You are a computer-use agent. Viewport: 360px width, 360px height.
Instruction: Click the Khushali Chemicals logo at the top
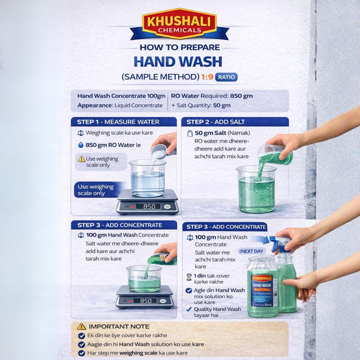pyautogui.click(x=179, y=24)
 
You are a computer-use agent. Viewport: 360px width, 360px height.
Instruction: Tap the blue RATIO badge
pyautogui.click(x=227, y=77)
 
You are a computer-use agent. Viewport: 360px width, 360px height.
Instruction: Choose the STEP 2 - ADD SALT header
pyautogui.click(x=234, y=122)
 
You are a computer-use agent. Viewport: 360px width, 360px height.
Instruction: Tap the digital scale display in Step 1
pyautogui.click(x=147, y=206)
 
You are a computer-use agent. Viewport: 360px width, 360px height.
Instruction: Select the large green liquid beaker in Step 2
pyautogui.click(x=256, y=189)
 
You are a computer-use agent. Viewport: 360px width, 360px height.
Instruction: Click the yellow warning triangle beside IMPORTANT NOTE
pyautogui.click(x=82, y=326)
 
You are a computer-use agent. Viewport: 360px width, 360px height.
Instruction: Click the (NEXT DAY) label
pyautogui.click(x=251, y=251)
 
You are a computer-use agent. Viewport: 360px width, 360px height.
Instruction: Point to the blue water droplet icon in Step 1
pyautogui.click(x=80, y=145)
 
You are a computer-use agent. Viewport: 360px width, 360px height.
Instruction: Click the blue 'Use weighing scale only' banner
pyautogui.click(x=99, y=190)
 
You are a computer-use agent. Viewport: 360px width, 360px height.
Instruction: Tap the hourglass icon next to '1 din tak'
pyautogui.click(x=188, y=277)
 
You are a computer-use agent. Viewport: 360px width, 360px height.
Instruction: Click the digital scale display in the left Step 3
pyautogui.click(x=144, y=300)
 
